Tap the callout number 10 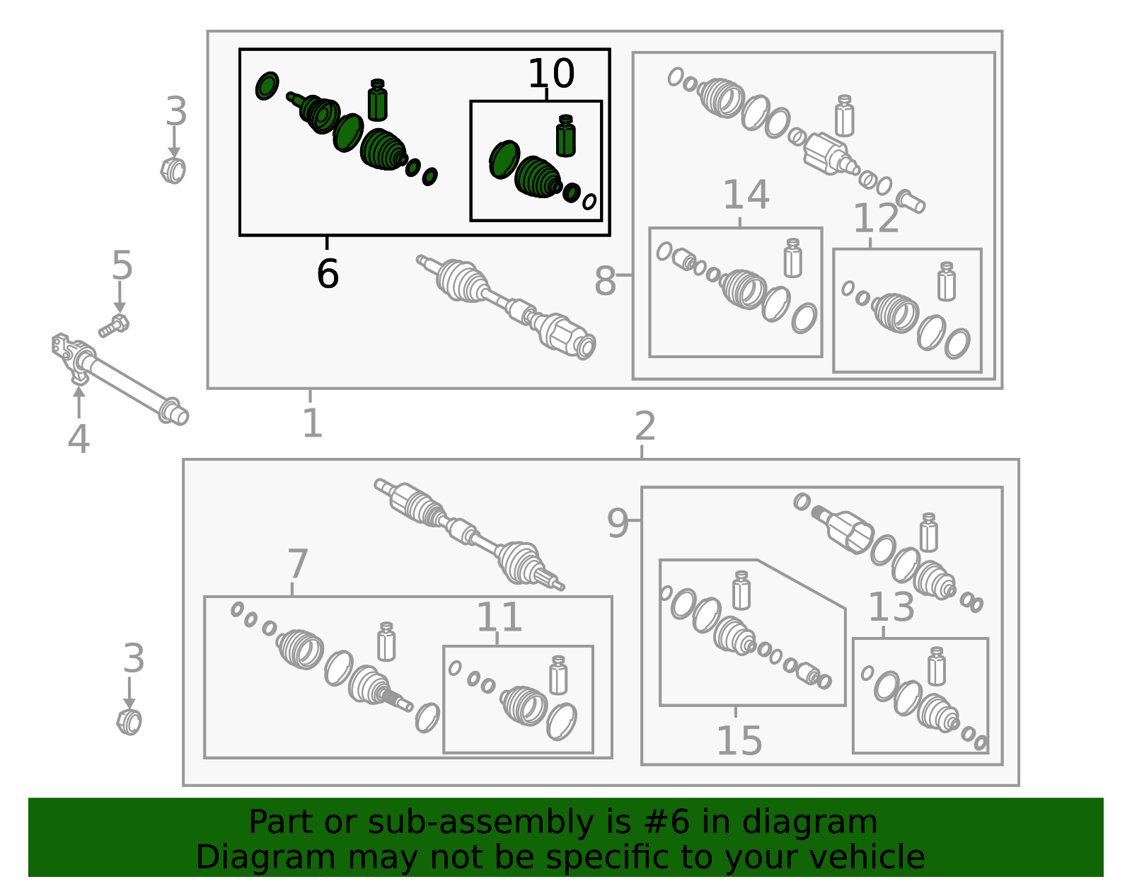coord(551,74)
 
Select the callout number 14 coord(746,195)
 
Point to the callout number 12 coord(876,218)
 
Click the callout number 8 coord(606,281)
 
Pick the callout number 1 coord(313,423)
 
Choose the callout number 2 coord(645,425)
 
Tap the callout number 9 coord(618,523)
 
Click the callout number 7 coord(298,563)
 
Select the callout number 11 coord(499,616)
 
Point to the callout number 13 coord(891,607)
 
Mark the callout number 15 coord(740,741)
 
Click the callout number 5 coord(122,265)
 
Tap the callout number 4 coord(79,439)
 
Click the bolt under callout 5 coord(114,326)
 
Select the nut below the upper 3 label coord(173,171)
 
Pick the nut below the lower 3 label coord(129,722)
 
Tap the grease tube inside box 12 coord(947,281)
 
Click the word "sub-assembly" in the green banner coord(481,822)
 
